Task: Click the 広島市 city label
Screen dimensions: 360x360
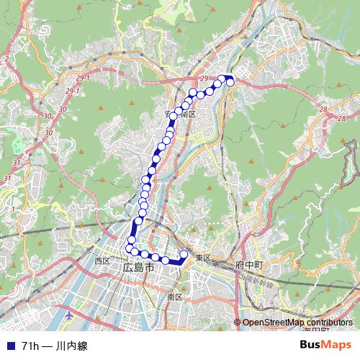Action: click(x=138, y=267)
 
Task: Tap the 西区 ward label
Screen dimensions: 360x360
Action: click(x=102, y=260)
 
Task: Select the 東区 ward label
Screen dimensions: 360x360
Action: click(x=202, y=258)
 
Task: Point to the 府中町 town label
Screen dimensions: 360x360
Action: click(x=249, y=266)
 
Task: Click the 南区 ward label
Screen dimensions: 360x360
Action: click(x=174, y=297)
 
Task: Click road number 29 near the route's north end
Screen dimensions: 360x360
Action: click(x=205, y=78)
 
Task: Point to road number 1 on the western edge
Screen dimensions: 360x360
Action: click(x=12, y=209)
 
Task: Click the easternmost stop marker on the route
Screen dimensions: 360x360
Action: click(x=230, y=82)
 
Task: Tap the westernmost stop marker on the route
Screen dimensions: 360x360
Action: click(x=130, y=248)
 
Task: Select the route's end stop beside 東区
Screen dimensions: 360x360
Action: click(x=184, y=254)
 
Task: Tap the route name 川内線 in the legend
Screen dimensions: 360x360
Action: click(x=73, y=346)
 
